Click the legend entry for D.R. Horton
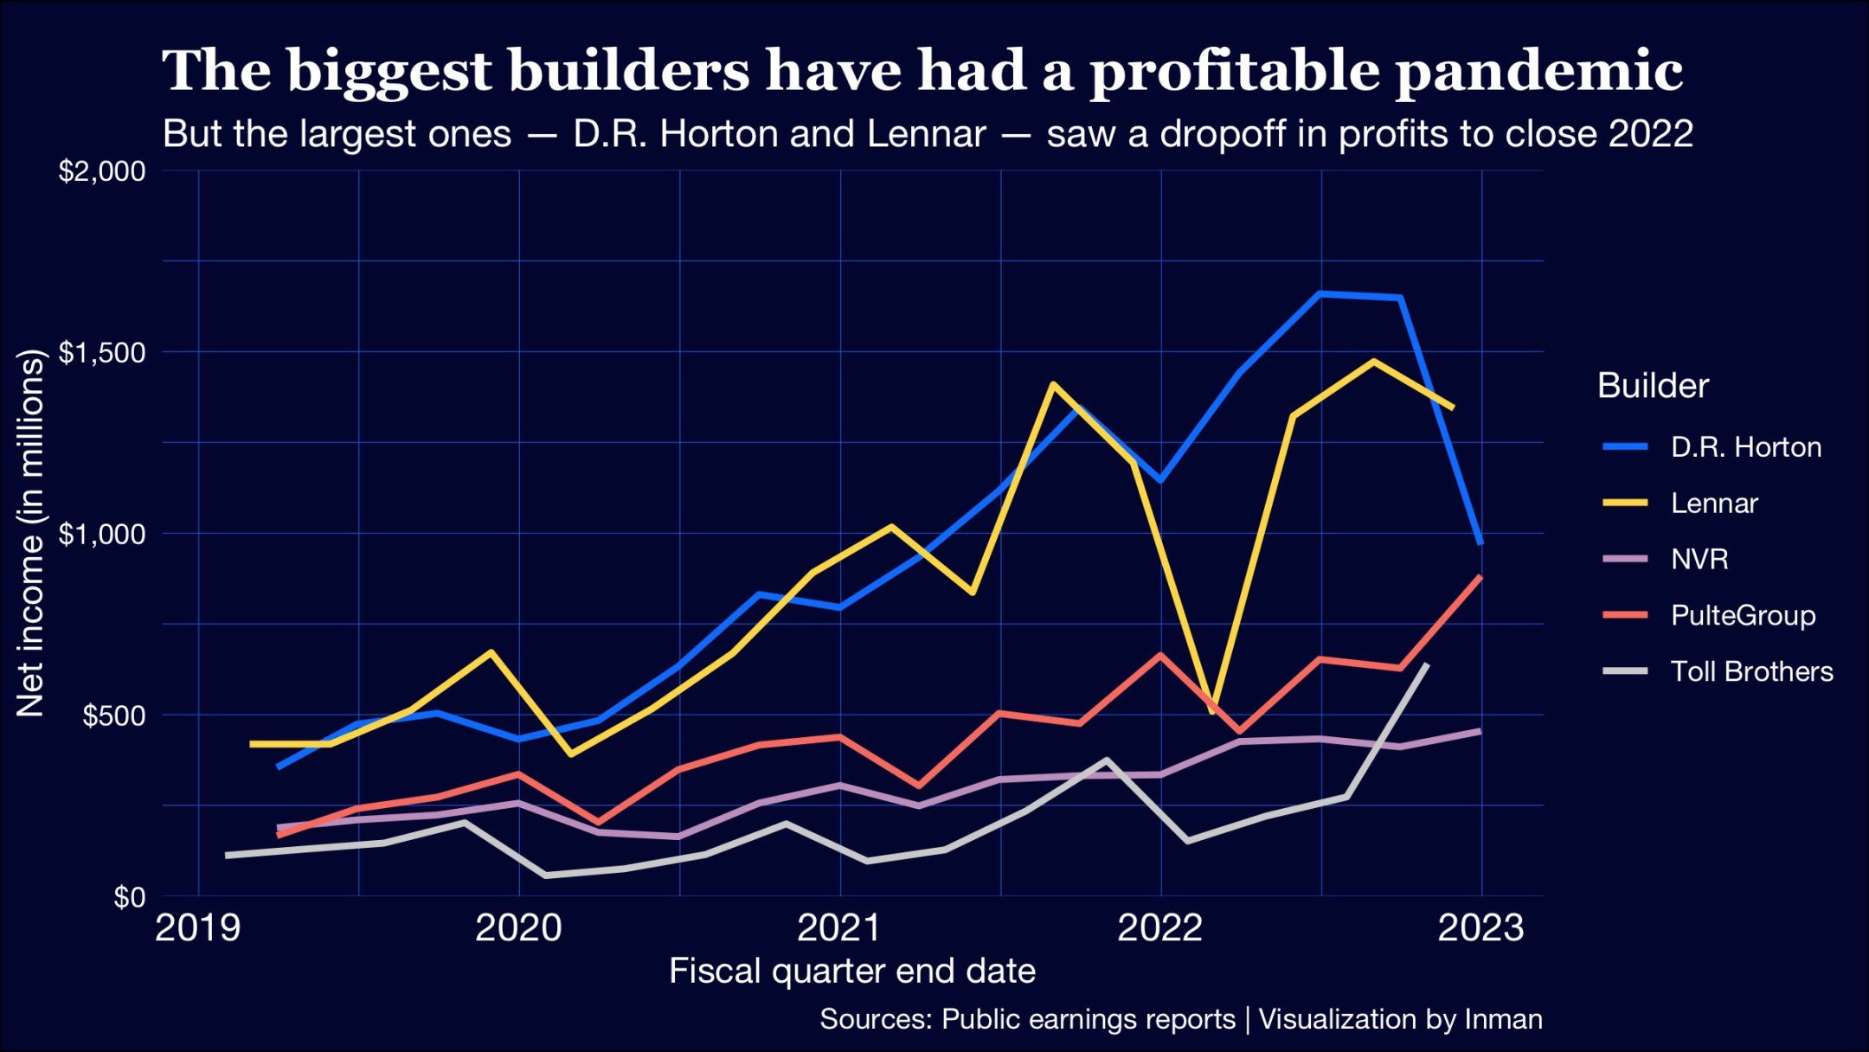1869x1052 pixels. tap(1745, 447)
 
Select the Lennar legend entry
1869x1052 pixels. tap(1713, 504)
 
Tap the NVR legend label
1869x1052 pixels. tap(1699, 560)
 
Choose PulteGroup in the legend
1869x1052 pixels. tap(1742, 616)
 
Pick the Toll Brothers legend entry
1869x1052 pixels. tap(1751, 672)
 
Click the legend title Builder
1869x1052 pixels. tap(1653, 386)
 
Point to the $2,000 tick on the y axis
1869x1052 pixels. tap(102, 171)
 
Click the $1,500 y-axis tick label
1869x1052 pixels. tap(102, 353)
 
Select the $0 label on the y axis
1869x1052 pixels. tap(129, 898)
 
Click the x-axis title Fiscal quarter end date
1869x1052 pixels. tap(852, 972)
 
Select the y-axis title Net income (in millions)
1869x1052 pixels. tap(30, 533)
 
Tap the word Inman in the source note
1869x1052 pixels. tap(1503, 1019)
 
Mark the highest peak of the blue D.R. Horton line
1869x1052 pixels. tap(1320, 293)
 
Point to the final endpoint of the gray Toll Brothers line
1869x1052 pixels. tap(1427, 664)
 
